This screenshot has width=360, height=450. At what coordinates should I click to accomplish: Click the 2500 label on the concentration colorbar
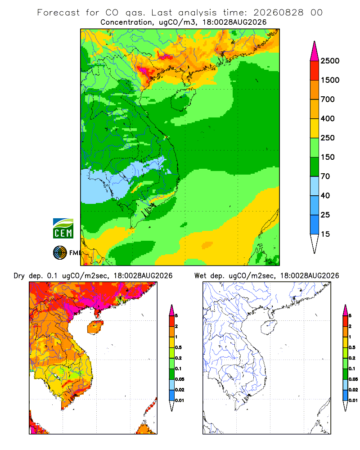(330, 61)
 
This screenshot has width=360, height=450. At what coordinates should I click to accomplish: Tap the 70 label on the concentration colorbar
(325, 176)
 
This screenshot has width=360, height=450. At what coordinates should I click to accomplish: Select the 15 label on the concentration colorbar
(325, 234)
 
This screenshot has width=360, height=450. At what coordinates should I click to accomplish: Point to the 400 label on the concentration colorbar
(328, 118)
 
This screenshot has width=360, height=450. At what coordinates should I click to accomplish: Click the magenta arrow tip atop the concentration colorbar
(315, 51)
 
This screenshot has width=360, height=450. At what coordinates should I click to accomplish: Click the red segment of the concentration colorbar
(315, 71)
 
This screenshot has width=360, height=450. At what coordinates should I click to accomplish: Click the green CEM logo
(63, 229)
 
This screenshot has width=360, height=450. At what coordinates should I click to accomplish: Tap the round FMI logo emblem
(60, 253)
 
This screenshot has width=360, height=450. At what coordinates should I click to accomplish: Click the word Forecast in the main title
(58, 13)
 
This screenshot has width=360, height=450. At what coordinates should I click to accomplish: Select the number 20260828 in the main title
(279, 13)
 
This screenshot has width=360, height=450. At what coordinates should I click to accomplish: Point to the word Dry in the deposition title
(19, 276)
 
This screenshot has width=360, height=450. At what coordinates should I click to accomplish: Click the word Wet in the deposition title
(200, 276)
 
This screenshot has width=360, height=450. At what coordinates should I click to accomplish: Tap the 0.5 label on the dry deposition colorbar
(178, 347)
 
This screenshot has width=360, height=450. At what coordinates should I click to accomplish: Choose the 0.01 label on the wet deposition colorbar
(353, 400)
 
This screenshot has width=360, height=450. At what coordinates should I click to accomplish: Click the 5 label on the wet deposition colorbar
(350, 316)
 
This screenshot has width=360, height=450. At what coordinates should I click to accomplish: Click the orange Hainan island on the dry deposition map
(95, 328)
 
